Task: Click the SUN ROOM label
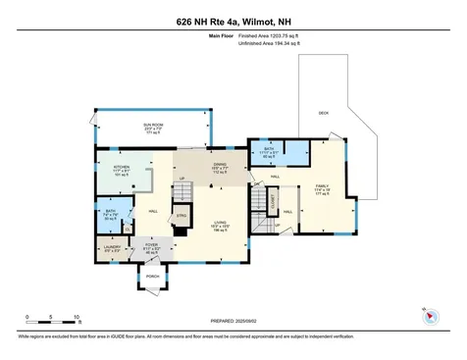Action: click(152, 126)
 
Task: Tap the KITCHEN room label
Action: click(122, 167)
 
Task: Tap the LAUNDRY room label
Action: click(113, 247)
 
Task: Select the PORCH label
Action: click(152, 276)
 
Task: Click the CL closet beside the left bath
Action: click(127, 229)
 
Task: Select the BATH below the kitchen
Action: click(111, 211)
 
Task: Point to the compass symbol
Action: click(430, 316)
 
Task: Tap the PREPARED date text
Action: click(233, 321)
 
